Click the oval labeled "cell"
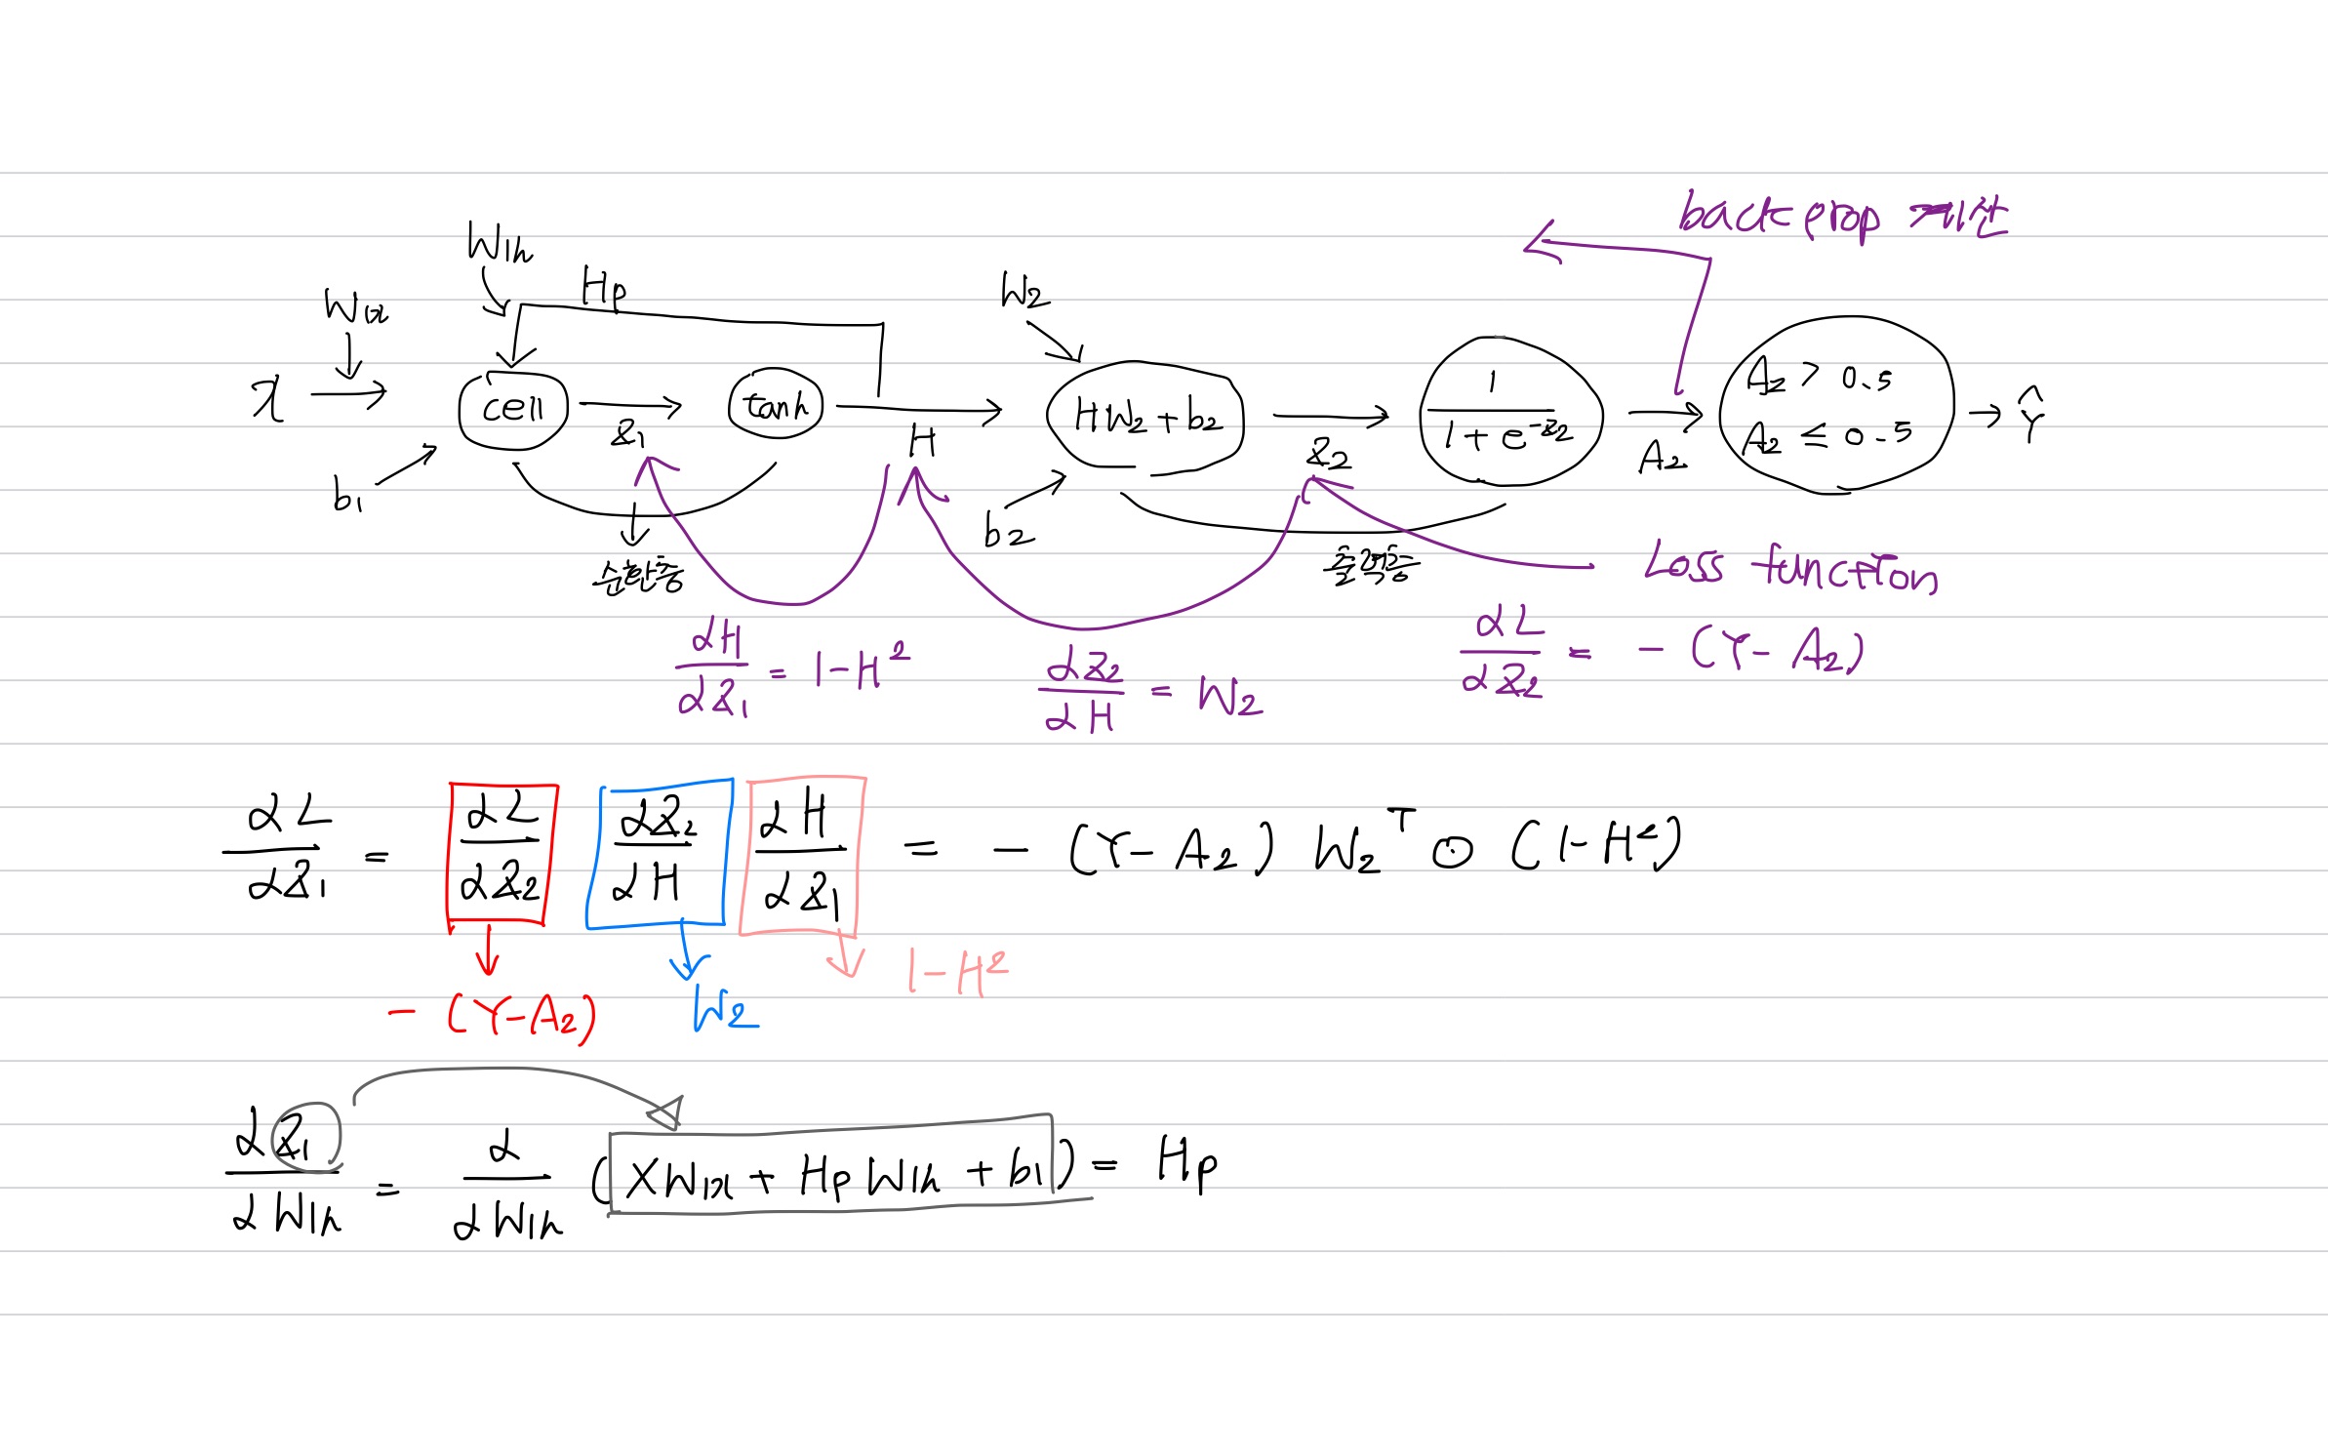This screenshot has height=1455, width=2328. [513, 409]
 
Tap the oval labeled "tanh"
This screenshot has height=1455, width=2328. [776, 404]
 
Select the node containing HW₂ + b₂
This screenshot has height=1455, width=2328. [1145, 417]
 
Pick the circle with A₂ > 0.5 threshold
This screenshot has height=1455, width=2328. [1834, 405]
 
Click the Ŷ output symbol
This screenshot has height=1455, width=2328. [2030, 415]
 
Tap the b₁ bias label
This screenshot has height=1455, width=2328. [346, 494]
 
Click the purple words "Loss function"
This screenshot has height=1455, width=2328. [1790, 568]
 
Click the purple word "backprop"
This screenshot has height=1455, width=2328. [1779, 215]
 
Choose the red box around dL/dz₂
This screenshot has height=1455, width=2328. [502, 854]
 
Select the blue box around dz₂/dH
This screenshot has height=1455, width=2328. [659, 854]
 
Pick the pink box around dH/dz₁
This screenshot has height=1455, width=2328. [802, 856]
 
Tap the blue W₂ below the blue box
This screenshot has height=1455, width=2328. [725, 1009]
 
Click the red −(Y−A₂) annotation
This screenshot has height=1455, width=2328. [493, 1017]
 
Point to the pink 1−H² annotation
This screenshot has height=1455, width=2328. [956, 971]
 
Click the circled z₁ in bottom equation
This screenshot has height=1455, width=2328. [304, 1135]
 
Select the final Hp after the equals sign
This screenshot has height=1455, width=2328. [1186, 1163]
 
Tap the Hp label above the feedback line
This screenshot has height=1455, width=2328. [603, 288]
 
